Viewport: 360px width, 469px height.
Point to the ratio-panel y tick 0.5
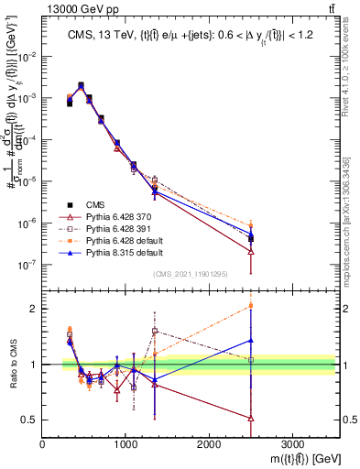click(30, 420)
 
